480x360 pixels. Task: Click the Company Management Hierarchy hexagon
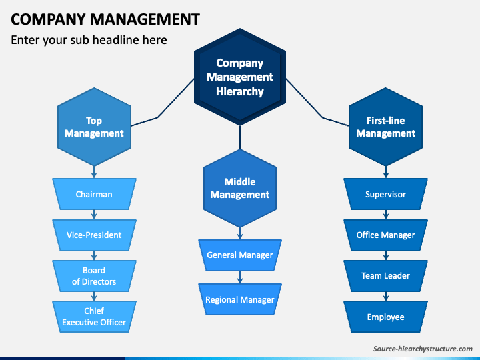pyautogui.click(x=240, y=77)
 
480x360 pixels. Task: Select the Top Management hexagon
pyautogui.click(x=94, y=127)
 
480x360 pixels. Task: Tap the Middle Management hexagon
pyautogui.click(x=240, y=188)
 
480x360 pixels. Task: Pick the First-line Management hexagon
pyautogui.click(x=386, y=127)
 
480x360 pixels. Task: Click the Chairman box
pyautogui.click(x=94, y=194)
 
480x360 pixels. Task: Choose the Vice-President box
pyautogui.click(x=94, y=235)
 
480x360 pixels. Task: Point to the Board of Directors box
pyautogui.click(x=94, y=276)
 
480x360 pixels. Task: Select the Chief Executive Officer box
pyautogui.click(x=94, y=317)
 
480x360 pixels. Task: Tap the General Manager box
pyautogui.click(x=240, y=255)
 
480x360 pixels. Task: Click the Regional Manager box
pyautogui.click(x=240, y=299)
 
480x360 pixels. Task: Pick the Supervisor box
pyautogui.click(x=386, y=194)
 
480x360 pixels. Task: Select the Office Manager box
pyautogui.click(x=386, y=235)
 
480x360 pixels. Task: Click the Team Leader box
pyautogui.click(x=386, y=276)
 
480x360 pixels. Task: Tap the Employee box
pyautogui.click(x=386, y=317)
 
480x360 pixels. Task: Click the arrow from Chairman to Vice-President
pyautogui.click(x=94, y=215)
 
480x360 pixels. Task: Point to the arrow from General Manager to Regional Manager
pyautogui.click(x=240, y=277)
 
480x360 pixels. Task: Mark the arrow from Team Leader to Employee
pyautogui.click(x=386, y=296)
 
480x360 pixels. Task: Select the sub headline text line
pyautogui.click(x=89, y=40)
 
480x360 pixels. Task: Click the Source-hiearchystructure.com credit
pyautogui.click(x=423, y=349)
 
